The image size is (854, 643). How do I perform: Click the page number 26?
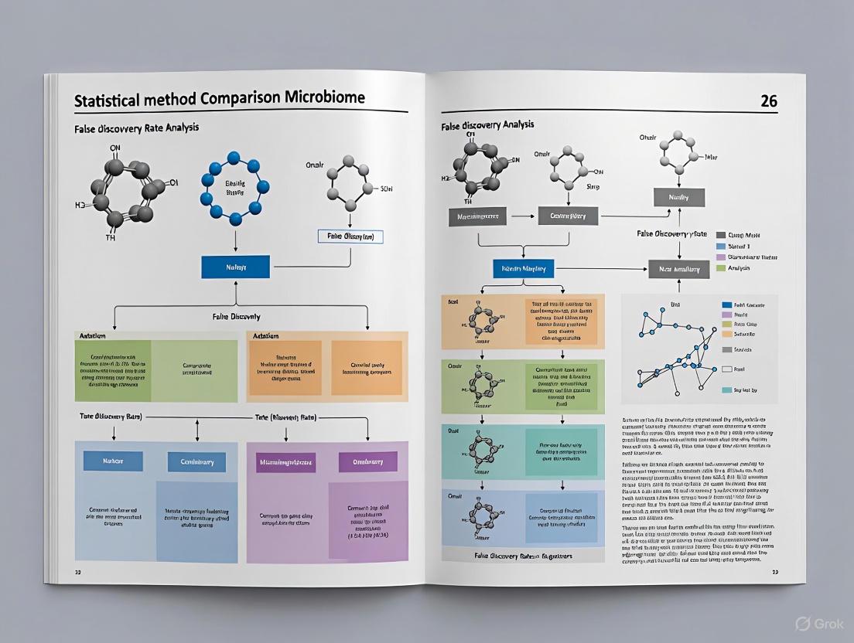click(x=768, y=101)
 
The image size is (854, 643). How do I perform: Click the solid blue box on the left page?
click(x=235, y=267)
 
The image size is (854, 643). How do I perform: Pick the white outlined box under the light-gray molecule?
click(x=350, y=236)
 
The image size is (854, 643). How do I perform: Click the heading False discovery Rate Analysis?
click(x=136, y=127)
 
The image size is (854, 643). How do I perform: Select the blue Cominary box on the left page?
click(x=196, y=462)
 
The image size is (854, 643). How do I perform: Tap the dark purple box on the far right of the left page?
click(x=367, y=462)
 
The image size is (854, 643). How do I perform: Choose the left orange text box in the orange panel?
click(x=285, y=368)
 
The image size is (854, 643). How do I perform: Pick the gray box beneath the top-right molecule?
click(x=678, y=198)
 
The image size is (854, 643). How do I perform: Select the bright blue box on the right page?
click(x=524, y=269)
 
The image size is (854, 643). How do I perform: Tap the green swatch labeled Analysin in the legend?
click(x=721, y=268)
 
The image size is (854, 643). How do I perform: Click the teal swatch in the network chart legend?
click(x=726, y=390)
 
